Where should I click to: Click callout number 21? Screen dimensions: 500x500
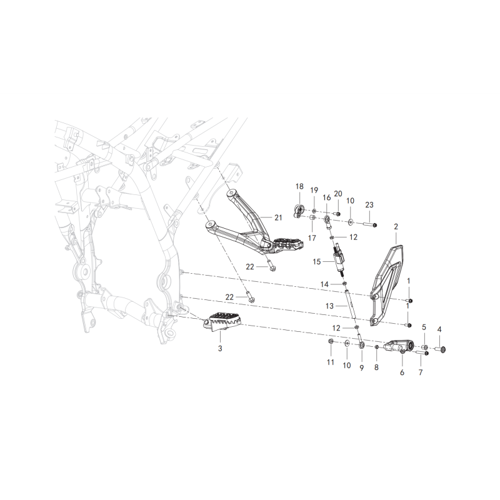[278, 217]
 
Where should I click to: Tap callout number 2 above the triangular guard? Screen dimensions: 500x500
[396, 227]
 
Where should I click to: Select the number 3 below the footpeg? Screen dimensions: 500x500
[220, 349]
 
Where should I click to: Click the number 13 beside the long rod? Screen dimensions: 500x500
[329, 306]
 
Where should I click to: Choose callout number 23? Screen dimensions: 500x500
[369, 205]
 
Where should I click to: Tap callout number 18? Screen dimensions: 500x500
[299, 186]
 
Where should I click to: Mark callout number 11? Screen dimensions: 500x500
[331, 362]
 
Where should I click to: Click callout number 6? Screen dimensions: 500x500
[402, 372]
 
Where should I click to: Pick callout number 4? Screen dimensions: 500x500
[439, 329]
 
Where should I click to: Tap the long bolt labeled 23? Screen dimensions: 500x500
[371, 224]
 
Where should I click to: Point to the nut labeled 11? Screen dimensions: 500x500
[331, 342]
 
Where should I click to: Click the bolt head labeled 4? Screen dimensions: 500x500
[442, 350]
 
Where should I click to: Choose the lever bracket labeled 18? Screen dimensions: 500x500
[299, 211]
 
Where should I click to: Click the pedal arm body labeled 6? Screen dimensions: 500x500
[399, 346]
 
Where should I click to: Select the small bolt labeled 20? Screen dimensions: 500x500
[337, 213]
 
